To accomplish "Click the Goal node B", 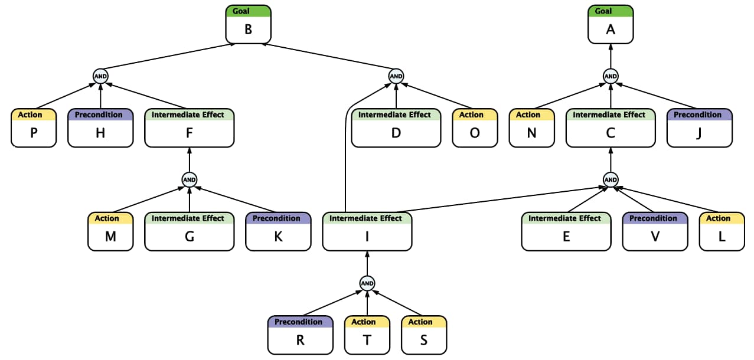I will pos(248,24).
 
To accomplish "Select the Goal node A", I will pos(611,24).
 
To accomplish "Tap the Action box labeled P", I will pos(34,128).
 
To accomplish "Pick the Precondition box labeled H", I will pos(100,128).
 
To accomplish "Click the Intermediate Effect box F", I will pos(189,128).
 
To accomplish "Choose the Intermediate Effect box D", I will pos(396,128).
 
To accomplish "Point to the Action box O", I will pos(475,128).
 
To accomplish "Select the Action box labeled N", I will pos(531,128).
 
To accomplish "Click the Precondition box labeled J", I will pos(699,128).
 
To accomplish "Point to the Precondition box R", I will pos(300,335).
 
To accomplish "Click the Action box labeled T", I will pos(367,335).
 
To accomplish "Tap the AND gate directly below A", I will pos(611,76).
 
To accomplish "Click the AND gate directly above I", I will pos(367,283).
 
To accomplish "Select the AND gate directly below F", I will pos(189,179).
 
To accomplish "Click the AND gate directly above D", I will pos(396,76).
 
